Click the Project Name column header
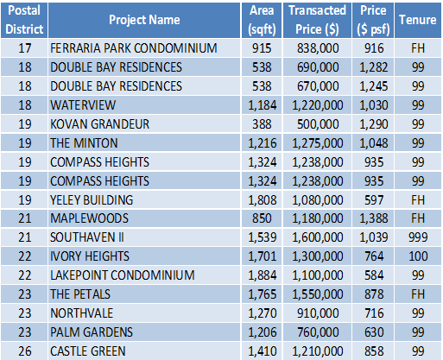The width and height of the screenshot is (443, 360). click(144, 20)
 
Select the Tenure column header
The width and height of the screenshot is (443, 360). click(418, 20)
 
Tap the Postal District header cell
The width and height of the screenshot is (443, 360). click(24, 20)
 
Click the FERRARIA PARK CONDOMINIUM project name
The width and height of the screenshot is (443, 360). click(134, 48)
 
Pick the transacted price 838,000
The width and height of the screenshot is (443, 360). click(318, 48)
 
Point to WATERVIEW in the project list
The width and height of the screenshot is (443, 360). click(83, 105)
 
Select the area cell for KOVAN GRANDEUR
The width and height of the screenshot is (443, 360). click(262, 124)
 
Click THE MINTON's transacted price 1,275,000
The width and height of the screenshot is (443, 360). click(318, 143)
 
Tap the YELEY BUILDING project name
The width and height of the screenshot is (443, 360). click(92, 200)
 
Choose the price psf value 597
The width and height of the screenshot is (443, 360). click(374, 200)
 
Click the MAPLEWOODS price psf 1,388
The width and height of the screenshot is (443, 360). click(374, 218)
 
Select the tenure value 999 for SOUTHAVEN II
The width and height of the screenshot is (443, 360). click(418, 237)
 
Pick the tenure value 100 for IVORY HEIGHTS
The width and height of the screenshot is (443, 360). click(418, 256)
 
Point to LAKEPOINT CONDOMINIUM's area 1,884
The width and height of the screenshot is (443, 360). click(263, 275)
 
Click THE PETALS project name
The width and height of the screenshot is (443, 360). click(80, 294)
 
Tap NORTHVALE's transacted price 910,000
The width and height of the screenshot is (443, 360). click(318, 313)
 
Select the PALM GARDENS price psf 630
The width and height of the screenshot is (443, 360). click(374, 332)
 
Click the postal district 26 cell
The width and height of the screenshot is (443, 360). click(25, 351)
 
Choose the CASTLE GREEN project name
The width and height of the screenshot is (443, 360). click(88, 351)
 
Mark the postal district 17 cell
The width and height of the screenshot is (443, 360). click(25, 48)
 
